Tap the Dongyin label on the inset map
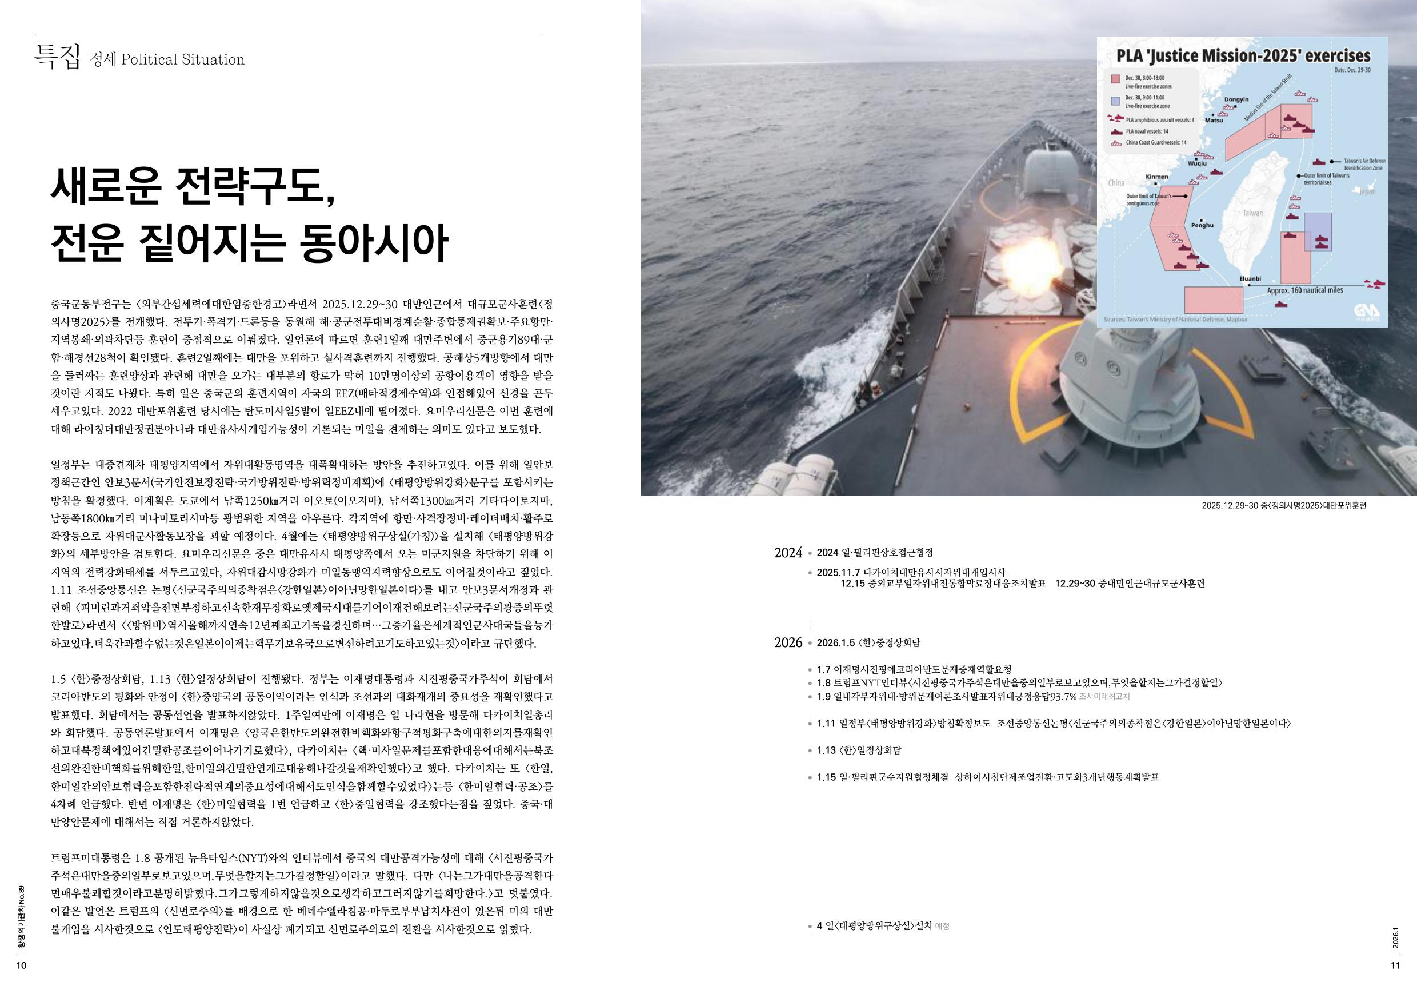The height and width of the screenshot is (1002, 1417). pos(1236,99)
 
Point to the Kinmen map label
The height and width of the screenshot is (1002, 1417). pos(1156,177)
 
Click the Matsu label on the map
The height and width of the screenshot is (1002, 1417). pos(1214,121)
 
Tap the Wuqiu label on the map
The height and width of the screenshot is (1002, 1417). pos(1197,163)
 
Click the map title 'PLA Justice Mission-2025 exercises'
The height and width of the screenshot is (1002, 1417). pos(1241,57)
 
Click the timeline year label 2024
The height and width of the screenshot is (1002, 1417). pos(788,553)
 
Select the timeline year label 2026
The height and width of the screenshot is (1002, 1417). pos(788,643)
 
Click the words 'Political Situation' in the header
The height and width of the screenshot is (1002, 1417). pos(183,60)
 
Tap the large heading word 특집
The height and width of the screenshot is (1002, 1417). pos(57,57)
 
